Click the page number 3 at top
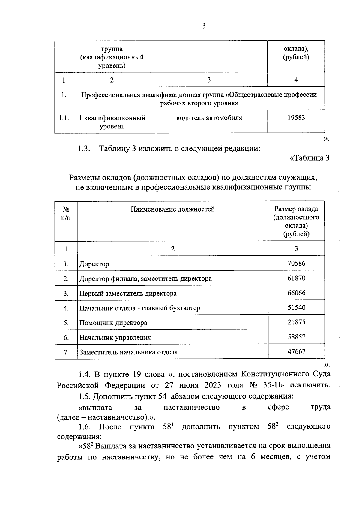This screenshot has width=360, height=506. [x=204, y=26]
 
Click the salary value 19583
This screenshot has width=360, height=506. [x=296, y=118]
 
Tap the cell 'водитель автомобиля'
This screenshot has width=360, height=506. [x=209, y=118]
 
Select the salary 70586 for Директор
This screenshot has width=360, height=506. [x=296, y=264]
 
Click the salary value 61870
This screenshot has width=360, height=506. [x=296, y=278]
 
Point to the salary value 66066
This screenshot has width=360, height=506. [x=296, y=293]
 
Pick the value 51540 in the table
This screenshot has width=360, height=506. [x=296, y=308]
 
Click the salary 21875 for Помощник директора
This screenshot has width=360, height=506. [x=296, y=322]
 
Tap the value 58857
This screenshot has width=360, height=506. [x=296, y=337]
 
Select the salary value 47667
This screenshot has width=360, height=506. [x=296, y=351]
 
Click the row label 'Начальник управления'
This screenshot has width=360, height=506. [x=115, y=338]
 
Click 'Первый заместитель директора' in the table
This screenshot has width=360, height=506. [x=128, y=294]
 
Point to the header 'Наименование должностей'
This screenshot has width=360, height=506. [x=172, y=209]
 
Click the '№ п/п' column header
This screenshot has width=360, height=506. [x=66, y=213]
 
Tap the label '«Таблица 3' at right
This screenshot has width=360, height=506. [x=309, y=158]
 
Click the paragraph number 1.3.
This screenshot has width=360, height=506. [x=85, y=149]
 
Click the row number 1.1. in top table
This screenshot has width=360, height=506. [x=64, y=118]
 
